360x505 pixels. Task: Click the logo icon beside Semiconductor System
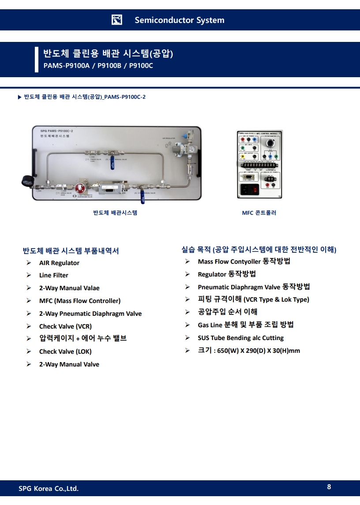(x=117, y=20)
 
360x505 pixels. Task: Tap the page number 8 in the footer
(x=329, y=487)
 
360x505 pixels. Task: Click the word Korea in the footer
(x=43, y=488)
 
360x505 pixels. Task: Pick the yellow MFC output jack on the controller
(x=242, y=156)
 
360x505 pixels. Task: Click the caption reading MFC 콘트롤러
(x=259, y=213)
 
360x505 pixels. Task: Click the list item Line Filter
(x=54, y=275)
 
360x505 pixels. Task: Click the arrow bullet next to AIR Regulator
(x=29, y=263)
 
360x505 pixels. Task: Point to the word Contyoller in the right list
(x=246, y=262)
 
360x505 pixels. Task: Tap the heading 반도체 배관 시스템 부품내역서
(x=71, y=251)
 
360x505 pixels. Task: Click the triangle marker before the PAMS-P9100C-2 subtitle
(x=19, y=97)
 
